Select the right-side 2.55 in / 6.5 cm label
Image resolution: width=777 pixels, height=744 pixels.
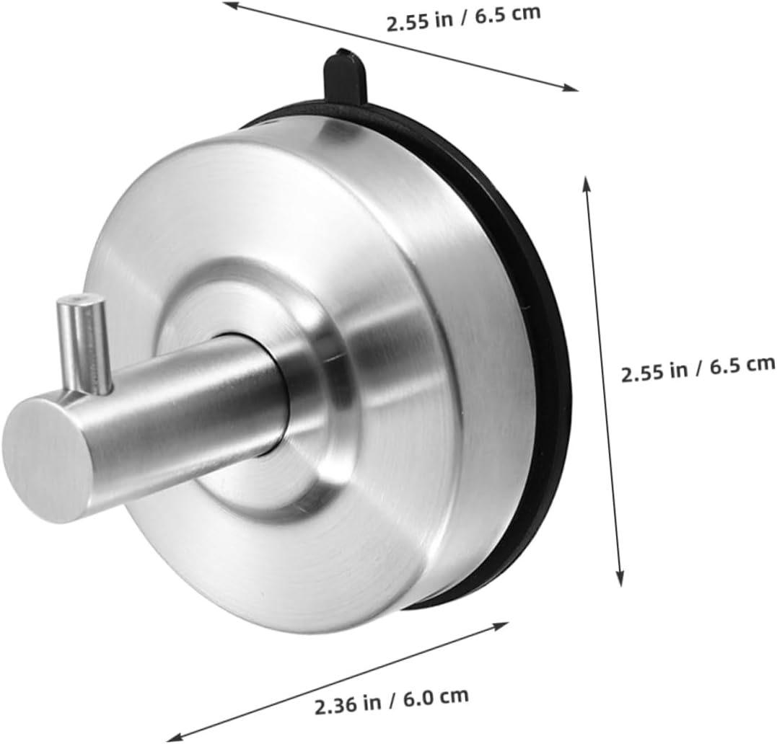[698, 369]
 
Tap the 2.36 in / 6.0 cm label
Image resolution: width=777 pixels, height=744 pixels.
[392, 698]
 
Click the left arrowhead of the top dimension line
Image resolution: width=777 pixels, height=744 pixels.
[229, 6]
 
